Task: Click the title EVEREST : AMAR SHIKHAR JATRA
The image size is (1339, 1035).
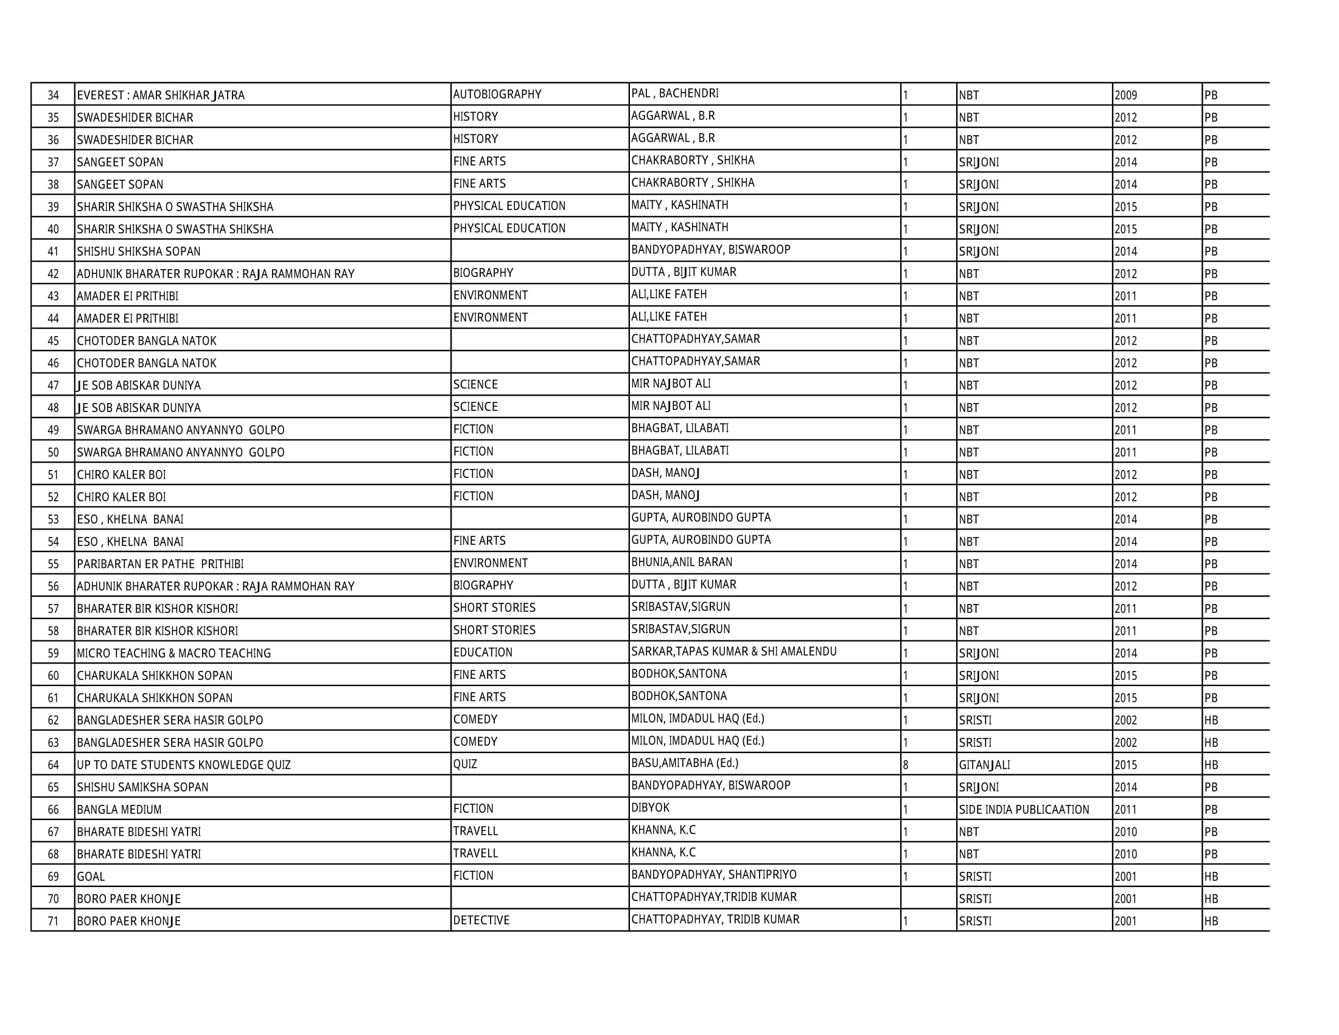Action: [161, 95]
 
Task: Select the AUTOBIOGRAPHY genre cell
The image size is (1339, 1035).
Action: [497, 94]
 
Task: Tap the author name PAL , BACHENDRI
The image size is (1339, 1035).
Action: [674, 93]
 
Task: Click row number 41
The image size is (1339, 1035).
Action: [54, 251]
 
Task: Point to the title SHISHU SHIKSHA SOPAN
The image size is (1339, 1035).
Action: [139, 251]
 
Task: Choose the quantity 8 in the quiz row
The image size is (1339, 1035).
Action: [906, 765]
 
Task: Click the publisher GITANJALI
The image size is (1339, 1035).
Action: [984, 765]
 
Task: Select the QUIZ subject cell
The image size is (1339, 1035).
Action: [465, 764]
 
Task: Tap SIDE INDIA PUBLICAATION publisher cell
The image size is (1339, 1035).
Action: [1024, 809]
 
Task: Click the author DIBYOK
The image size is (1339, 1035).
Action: [651, 808]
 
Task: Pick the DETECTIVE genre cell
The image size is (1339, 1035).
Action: [481, 920]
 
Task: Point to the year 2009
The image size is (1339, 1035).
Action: [1125, 95]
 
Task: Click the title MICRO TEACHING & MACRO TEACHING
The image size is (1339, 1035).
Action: [173, 653]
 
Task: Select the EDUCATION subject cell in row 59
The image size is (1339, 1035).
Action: [483, 653]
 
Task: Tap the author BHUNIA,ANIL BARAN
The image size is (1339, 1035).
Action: [682, 563]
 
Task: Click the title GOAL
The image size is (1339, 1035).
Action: [91, 877]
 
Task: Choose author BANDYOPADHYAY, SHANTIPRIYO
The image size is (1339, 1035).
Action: [714, 875]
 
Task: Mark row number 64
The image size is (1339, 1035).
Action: [54, 765]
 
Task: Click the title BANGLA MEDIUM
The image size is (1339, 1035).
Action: [119, 809]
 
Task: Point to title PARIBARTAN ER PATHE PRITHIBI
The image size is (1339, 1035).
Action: [160, 564]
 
